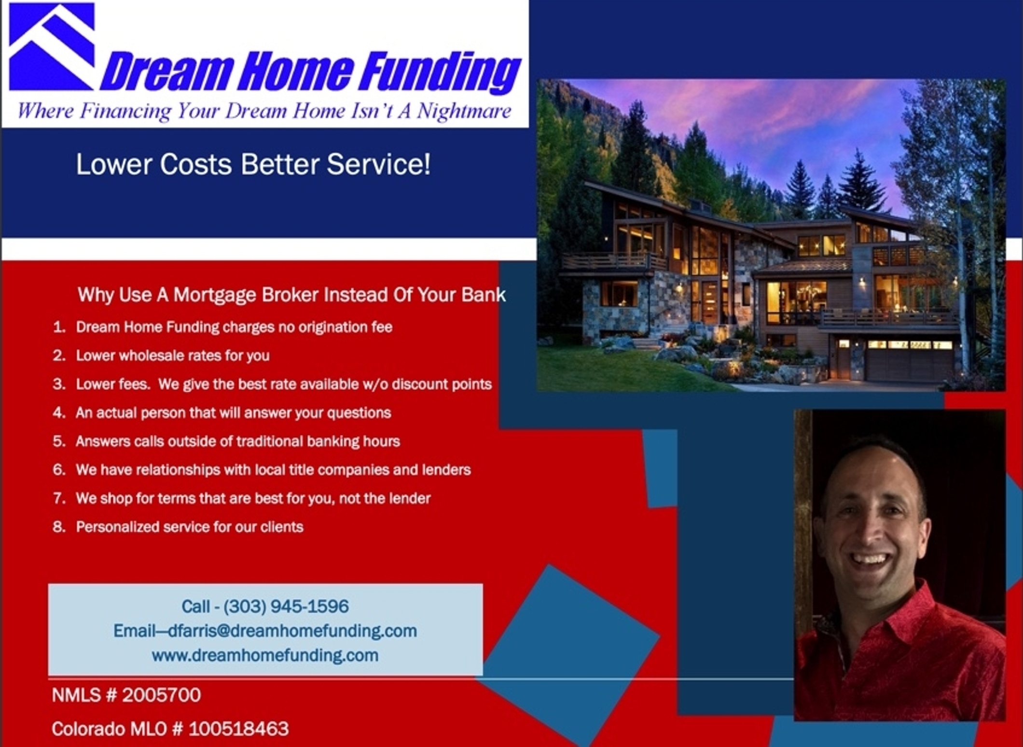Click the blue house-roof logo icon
[52, 46]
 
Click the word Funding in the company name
[440, 73]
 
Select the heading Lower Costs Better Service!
[253, 164]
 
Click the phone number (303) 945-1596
[286, 606]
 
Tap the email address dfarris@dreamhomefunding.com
[292, 631]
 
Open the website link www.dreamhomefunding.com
[265, 655]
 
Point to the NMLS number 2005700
[161, 695]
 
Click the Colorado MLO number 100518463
[238, 729]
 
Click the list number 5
[59, 441]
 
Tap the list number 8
[59, 527]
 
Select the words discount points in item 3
[442, 384]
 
